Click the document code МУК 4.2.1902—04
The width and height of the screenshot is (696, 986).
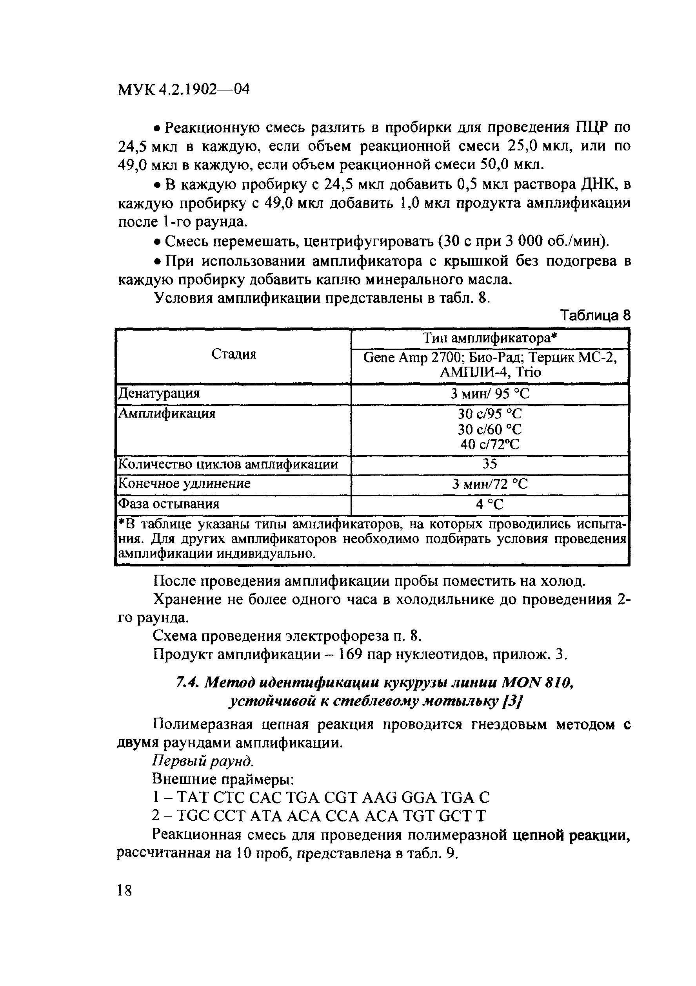click(x=184, y=90)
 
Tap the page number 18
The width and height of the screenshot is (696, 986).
click(x=124, y=890)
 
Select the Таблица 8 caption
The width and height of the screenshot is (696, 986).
click(x=595, y=316)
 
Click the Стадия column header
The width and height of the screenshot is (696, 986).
click(x=234, y=354)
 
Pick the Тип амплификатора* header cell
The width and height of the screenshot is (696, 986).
click(x=490, y=338)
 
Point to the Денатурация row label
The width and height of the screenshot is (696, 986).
click(x=159, y=393)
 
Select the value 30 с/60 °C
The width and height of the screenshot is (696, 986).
click(x=490, y=429)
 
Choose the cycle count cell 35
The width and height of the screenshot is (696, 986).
click(x=490, y=464)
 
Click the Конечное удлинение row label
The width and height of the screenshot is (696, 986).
click(x=184, y=483)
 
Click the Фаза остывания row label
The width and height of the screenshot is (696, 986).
click(x=169, y=504)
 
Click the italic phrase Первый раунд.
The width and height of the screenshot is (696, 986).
click(x=203, y=760)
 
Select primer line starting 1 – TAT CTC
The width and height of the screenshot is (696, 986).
click(x=321, y=798)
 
